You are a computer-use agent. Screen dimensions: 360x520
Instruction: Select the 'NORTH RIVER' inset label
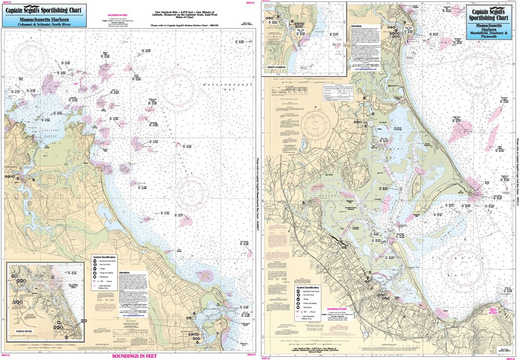tap(23, 344)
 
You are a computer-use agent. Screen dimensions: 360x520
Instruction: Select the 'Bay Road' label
tap(329, 175)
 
